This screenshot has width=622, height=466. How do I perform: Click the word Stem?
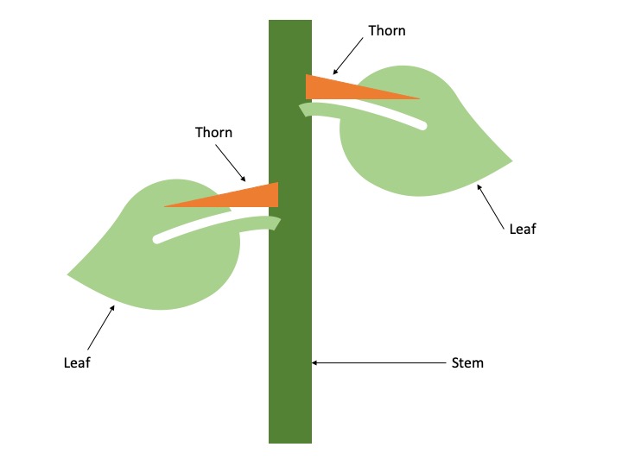click(467, 363)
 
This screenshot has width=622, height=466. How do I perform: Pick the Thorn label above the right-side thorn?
click(386, 31)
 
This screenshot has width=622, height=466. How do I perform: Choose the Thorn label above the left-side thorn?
click(213, 133)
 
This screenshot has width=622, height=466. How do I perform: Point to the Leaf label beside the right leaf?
click(523, 230)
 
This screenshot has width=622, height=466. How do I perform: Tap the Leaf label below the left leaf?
click(77, 363)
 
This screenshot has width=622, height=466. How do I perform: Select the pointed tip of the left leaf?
click(68, 275)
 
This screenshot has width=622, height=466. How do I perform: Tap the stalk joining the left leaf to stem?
click(268, 223)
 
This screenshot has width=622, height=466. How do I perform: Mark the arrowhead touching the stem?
click(315, 363)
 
